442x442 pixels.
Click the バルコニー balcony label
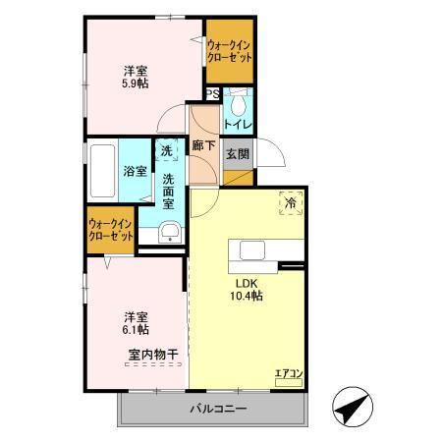click(217, 409)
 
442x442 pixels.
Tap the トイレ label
click(239, 125)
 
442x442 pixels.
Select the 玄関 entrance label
click(237, 154)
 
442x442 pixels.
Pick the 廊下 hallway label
click(204, 145)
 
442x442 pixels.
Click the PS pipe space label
click(212, 95)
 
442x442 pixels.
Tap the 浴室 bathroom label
click(136, 171)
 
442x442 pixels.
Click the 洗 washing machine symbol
click(167, 151)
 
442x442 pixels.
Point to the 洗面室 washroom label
click(169, 192)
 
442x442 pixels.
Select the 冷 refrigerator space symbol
click(291, 202)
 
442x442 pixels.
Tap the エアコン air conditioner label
click(288, 373)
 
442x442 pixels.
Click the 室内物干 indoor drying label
click(152, 354)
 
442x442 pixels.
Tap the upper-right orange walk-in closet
click(229, 51)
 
